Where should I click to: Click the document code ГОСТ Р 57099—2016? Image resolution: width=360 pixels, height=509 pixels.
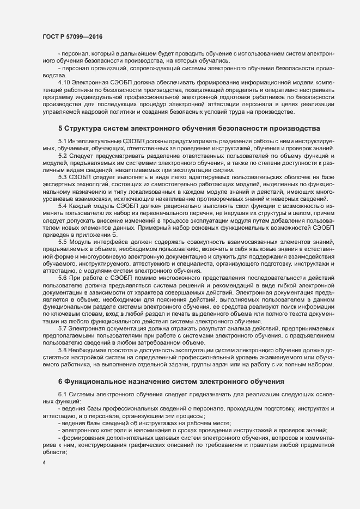[72, 36]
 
